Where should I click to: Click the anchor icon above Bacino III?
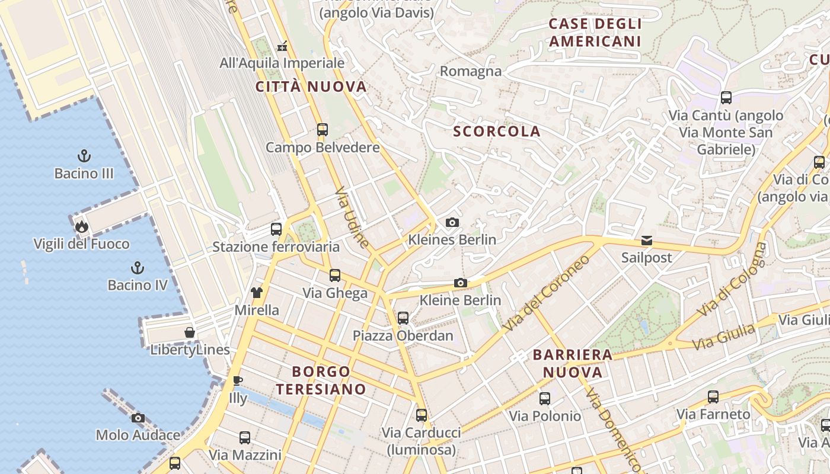click(x=84, y=156)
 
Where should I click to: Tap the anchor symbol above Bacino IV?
click(x=138, y=268)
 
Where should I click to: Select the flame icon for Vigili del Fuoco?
click(x=81, y=226)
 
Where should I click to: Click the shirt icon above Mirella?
click(x=257, y=292)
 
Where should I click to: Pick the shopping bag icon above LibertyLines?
click(x=190, y=332)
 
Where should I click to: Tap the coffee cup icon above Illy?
click(x=238, y=380)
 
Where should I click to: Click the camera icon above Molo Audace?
click(x=138, y=418)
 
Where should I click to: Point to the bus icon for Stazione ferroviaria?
click(x=276, y=229)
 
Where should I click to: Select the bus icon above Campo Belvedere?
click(x=323, y=130)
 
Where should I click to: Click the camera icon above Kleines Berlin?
click(x=452, y=223)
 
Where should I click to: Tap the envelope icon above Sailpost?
click(x=646, y=241)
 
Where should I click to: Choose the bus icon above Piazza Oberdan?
click(x=403, y=318)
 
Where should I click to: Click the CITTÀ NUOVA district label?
click(x=311, y=87)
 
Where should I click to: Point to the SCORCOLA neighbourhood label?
click(x=497, y=132)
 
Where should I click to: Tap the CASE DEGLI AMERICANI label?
click(x=595, y=33)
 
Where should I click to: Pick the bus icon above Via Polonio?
click(x=545, y=399)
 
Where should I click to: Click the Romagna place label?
click(x=470, y=72)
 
